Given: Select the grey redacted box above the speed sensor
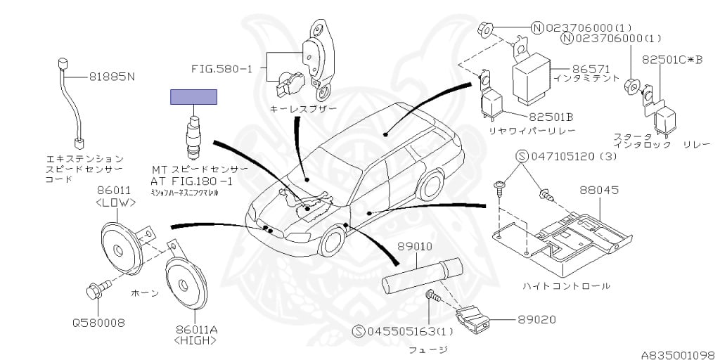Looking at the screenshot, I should coord(193,97).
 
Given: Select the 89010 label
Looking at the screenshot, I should coord(415,247).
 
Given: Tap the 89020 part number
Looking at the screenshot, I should coord(536,319).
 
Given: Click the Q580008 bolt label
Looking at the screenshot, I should coord(98,323).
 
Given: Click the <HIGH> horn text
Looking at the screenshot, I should coord(192,340).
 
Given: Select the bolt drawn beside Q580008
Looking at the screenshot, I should coord(96,290).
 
